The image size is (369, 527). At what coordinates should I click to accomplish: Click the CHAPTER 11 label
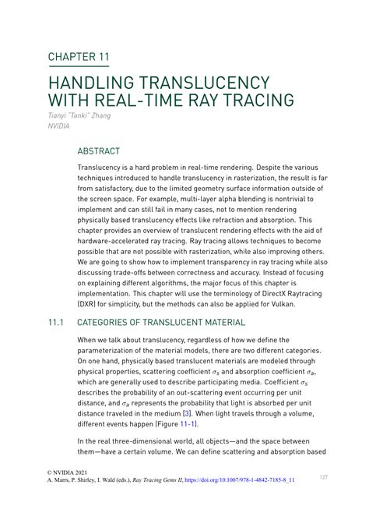click(x=79, y=57)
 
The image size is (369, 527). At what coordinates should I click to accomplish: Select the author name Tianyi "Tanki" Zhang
click(x=79, y=116)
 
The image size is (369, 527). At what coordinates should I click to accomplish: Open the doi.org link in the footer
click(x=233, y=481)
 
